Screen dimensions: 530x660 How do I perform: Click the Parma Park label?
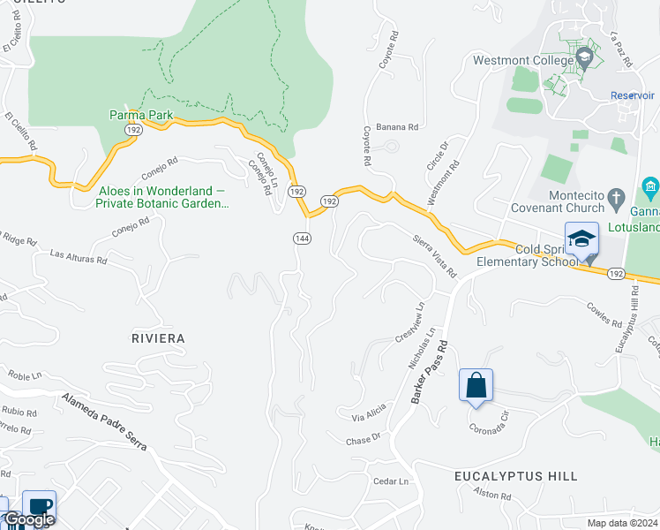point(140,115)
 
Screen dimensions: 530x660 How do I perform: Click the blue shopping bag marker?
point(476,386)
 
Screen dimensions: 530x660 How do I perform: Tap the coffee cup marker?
point(39,506)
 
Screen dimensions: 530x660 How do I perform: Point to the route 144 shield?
point(302,238)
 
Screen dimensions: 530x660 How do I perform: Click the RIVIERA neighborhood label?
point(158,338)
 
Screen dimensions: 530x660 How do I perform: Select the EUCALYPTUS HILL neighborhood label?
point(516,476)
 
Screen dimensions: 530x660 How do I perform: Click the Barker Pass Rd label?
point(429,372)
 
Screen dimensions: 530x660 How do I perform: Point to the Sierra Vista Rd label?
point(434,254)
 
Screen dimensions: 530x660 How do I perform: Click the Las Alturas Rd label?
point(79,258)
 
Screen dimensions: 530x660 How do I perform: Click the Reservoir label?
point(633,95)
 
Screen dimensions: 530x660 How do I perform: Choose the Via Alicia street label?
point(369,412)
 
